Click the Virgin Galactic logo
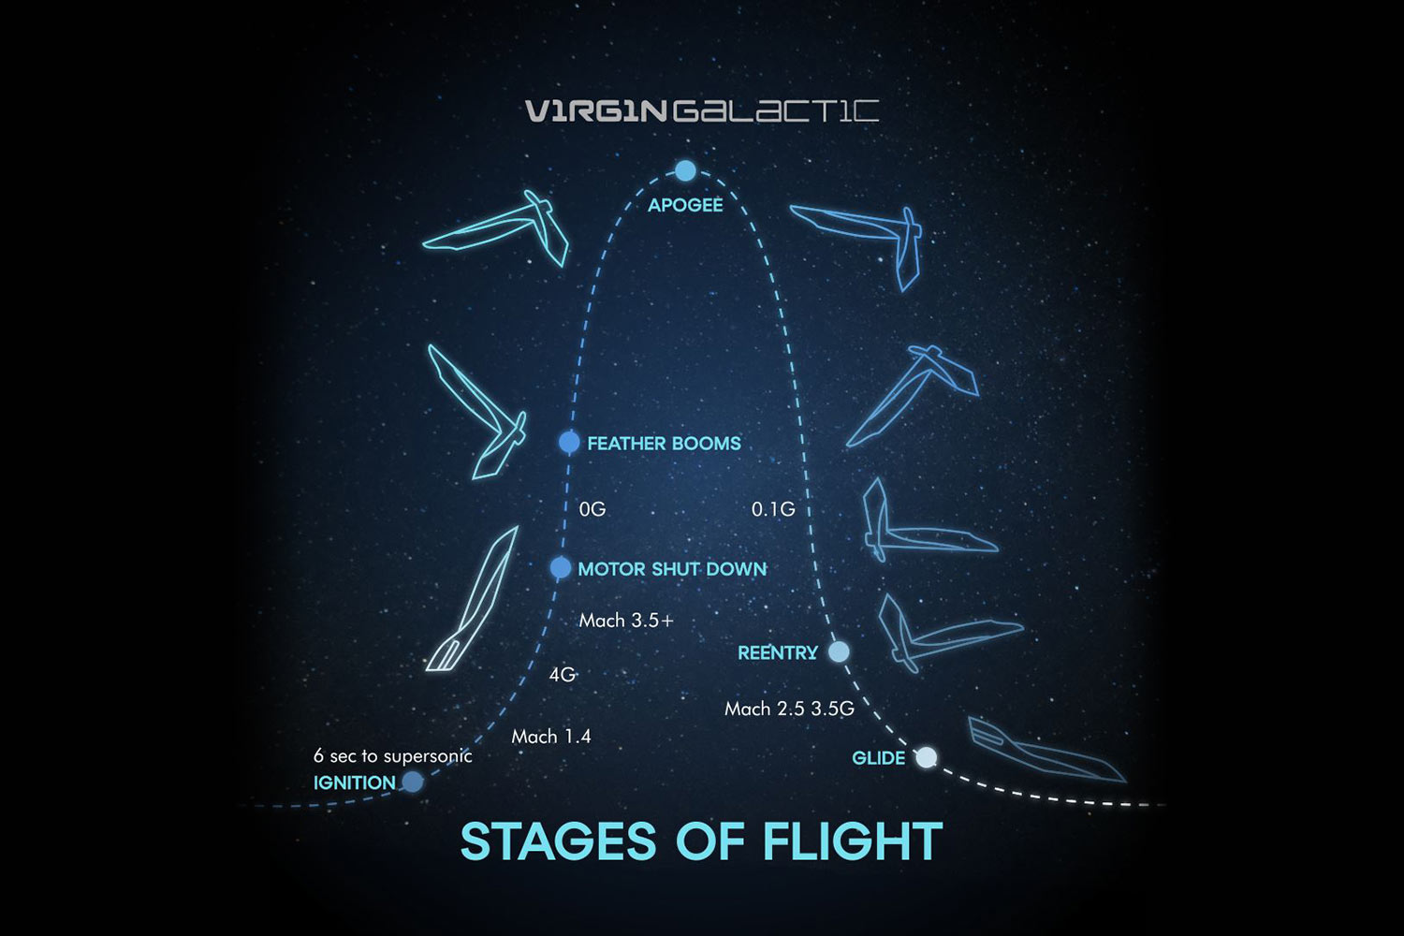701,111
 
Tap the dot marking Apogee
685,170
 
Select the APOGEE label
685,205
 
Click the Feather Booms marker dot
569,442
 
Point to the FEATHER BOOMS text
664,444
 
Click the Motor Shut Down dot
560,567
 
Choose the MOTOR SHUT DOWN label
672,569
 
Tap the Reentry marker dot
839,651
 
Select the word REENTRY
778,653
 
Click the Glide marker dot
926,757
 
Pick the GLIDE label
878,758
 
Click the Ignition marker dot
412,781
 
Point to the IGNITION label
354,782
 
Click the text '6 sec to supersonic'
392,756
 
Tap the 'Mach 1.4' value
551,737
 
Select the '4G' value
562,674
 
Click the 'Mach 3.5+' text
626,621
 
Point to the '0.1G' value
773,509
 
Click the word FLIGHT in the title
853,841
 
